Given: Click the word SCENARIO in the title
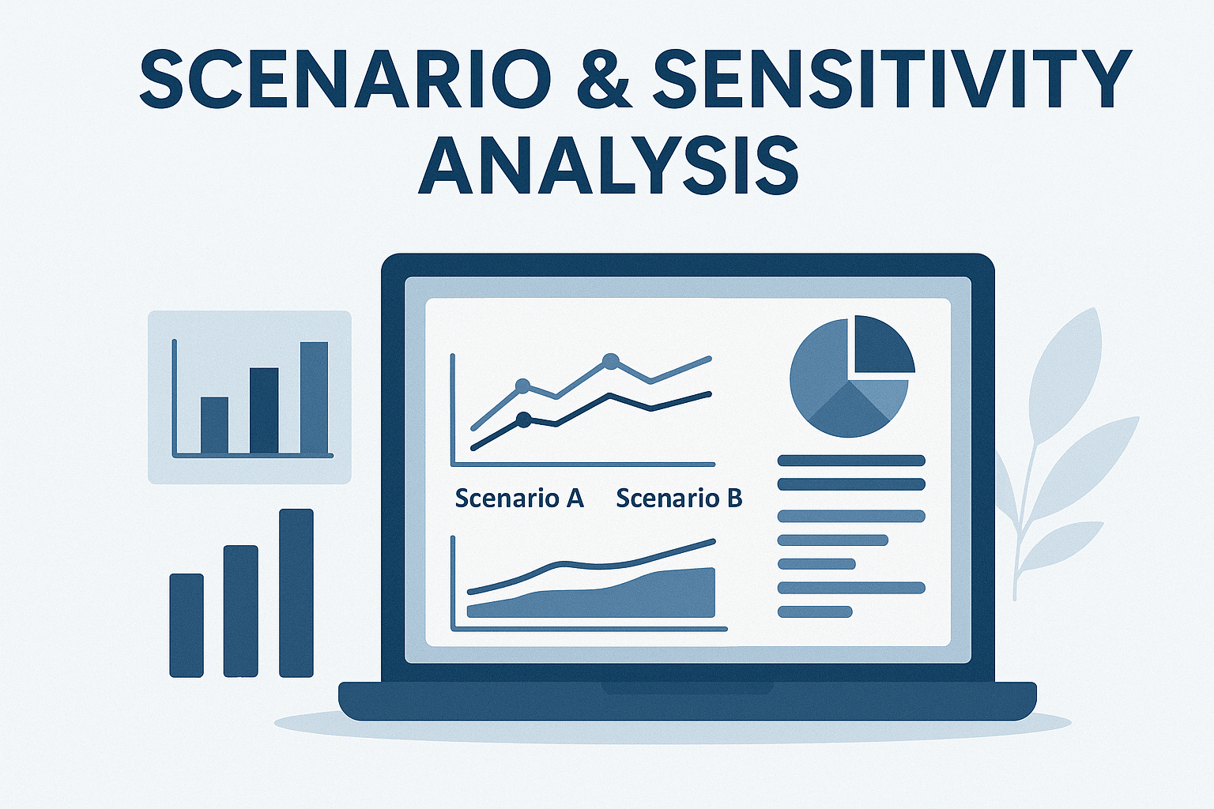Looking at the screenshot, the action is coord(345,80).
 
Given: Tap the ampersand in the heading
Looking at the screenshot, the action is coord(603,81).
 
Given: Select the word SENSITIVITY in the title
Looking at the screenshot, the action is coord(892,80).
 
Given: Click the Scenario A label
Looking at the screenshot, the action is coord(519,498).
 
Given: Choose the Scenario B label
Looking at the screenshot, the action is coord(679,498).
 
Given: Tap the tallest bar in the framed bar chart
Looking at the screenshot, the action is coord(314,397).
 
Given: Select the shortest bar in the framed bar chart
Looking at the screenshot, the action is coord(215,425).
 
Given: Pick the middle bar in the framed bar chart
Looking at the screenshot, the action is coord(264,411).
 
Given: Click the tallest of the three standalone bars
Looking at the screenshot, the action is coord(296,593).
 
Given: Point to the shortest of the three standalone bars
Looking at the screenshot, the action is coord(187,625).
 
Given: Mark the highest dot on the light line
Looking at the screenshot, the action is coord(611,361).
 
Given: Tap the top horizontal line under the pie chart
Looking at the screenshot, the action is coord(851,461).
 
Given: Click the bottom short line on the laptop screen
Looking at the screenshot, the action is coord(815,611).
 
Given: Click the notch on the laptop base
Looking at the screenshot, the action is coord(687,687).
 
